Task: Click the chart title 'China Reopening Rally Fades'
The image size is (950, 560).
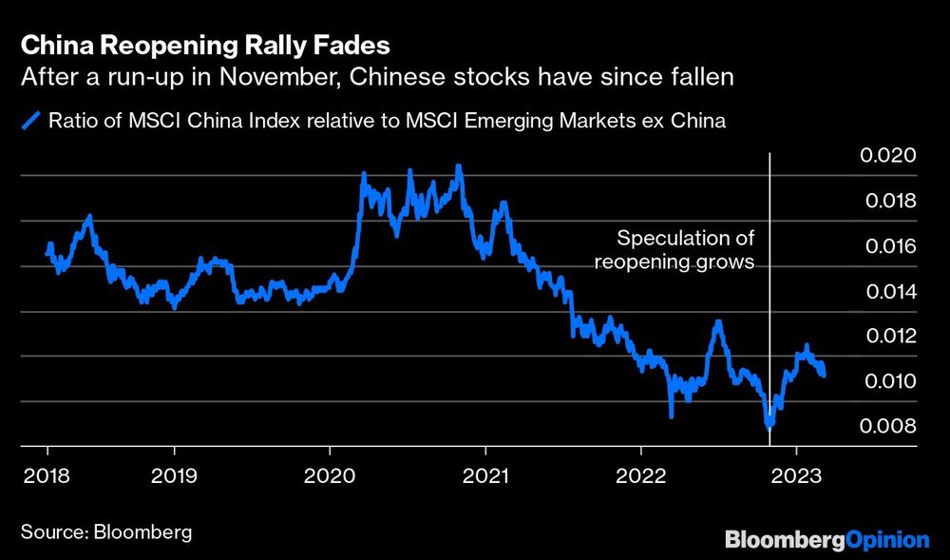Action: pyautogui.click(x=204, y=45)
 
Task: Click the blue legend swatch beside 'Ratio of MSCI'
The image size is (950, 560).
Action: pyautogui.click(x=31, y=120)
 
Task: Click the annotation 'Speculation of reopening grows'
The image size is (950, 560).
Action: pyautogui.click(x=674, y=249)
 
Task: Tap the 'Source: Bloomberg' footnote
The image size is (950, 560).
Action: pyautogui.click(x=105, y=531)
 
